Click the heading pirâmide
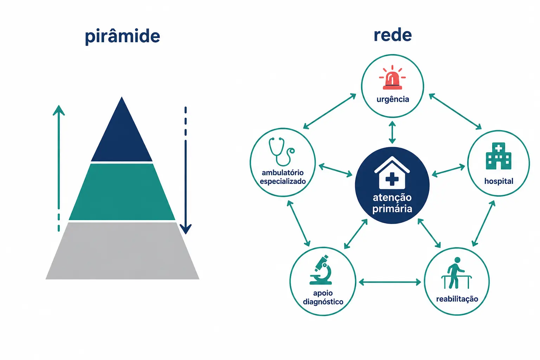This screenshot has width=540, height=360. coord(122,36)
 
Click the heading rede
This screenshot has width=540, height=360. coord(393,35)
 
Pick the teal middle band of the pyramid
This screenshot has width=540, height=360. coord(122,192)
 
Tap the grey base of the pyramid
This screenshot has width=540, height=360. coord(122,251)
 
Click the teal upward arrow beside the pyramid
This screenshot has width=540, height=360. coord(59,168)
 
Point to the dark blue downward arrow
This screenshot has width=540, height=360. coord(186,170)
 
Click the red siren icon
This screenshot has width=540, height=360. coord(392,77)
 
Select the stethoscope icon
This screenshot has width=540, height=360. coord(281,152)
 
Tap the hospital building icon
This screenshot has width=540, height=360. coord(499,156)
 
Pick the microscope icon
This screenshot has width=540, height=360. coord(321,270)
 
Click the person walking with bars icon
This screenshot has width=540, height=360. coord(456,273)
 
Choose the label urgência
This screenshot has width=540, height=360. coord(393,99)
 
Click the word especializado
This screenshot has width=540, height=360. coord(283,181)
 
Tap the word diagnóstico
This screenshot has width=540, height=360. coord(323,302)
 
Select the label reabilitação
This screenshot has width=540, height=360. coord(457,299)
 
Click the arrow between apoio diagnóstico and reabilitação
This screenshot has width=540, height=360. coord(390,282)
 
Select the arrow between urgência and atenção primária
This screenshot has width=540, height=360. coord(392,133)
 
